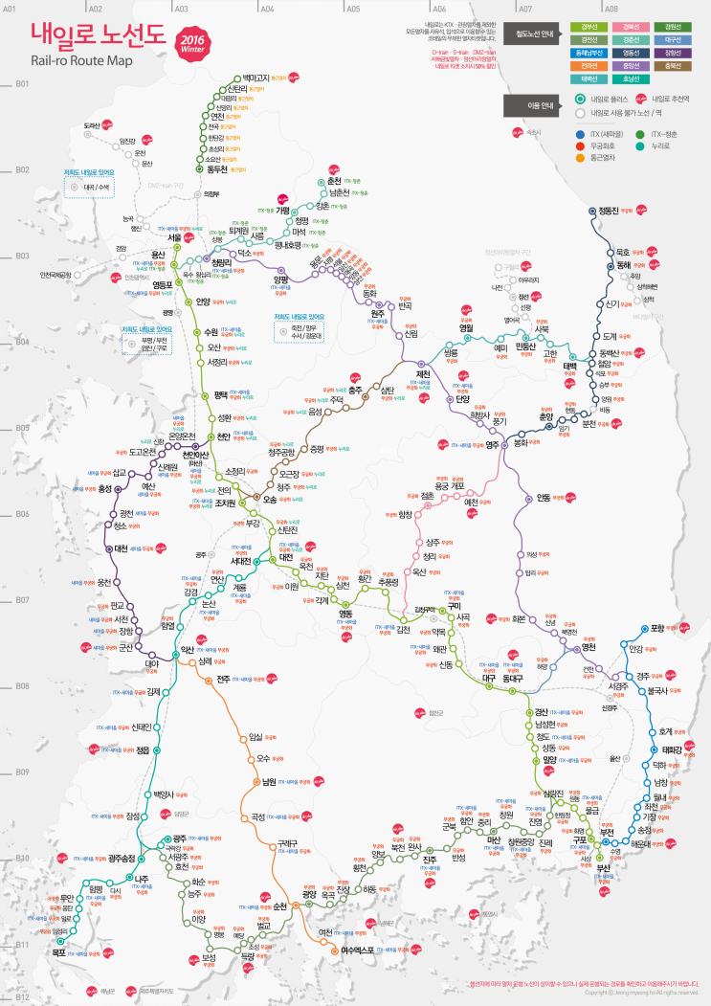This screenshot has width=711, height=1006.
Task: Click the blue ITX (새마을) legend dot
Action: pyautogui.click(x=580, y=134)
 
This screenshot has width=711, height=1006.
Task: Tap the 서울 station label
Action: pyautogui.click(x=174, y=236)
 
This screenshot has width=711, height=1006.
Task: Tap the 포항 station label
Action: pyautogui.click(x=657, y=629)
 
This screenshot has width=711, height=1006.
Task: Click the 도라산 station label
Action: pyautogui.click(x=92, y=125)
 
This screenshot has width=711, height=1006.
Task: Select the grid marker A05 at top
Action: pyautogui.click(x=353, y=8)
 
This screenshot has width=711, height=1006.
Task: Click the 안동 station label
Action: pyautogui.click(x=544, y=498)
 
